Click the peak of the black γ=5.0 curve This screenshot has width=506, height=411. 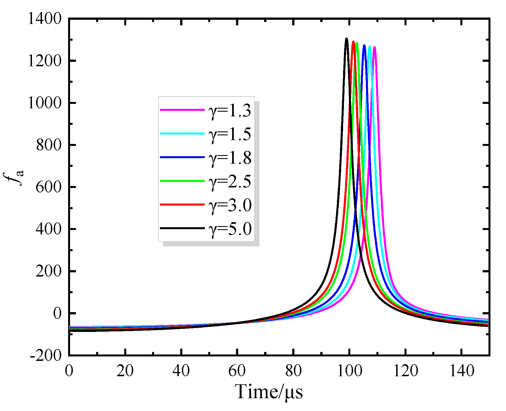[346, 39]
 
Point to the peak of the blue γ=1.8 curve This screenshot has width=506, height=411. [364, 45]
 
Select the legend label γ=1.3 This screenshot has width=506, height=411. [230, 111]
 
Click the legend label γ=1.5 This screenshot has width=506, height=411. [230, 134]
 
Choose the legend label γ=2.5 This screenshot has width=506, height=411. [230, 182]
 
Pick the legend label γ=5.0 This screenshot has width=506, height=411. [230, 229]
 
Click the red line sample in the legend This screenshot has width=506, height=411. [182, 205]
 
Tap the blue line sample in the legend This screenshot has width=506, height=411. [182, 157]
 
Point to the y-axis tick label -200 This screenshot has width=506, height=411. [46, 356]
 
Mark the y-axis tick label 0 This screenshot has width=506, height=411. [57, 313]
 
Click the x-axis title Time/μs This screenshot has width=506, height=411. [269, 392]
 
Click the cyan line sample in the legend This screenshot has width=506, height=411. [182, 134]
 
